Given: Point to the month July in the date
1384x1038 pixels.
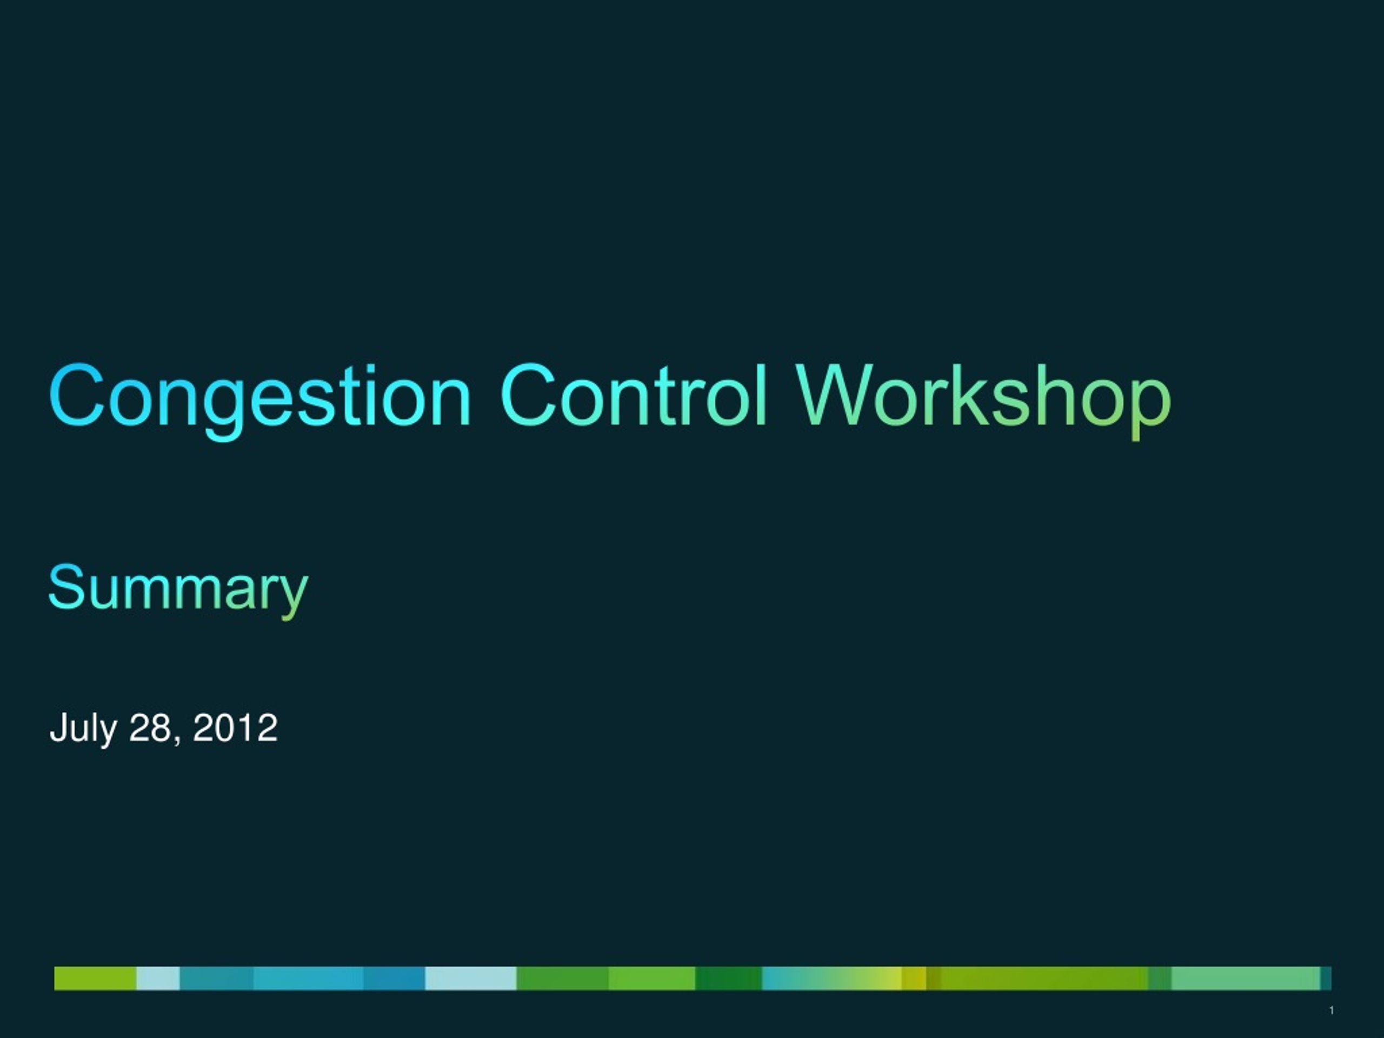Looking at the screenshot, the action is (83, 728).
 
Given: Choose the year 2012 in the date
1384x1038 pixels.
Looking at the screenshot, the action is (235, 728).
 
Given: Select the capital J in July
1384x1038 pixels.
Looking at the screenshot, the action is (57, 728).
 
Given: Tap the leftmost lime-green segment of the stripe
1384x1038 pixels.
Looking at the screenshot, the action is (95, 979).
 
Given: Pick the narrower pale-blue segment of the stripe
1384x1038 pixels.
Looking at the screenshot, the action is (158, 979).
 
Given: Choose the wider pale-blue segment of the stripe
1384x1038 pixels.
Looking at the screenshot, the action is (470, 979).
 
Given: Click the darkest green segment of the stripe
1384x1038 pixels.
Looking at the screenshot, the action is (728, 979).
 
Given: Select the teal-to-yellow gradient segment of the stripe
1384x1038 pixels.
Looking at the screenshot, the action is (832, 979).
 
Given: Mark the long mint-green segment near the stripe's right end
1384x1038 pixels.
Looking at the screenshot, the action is (1246, 979).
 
